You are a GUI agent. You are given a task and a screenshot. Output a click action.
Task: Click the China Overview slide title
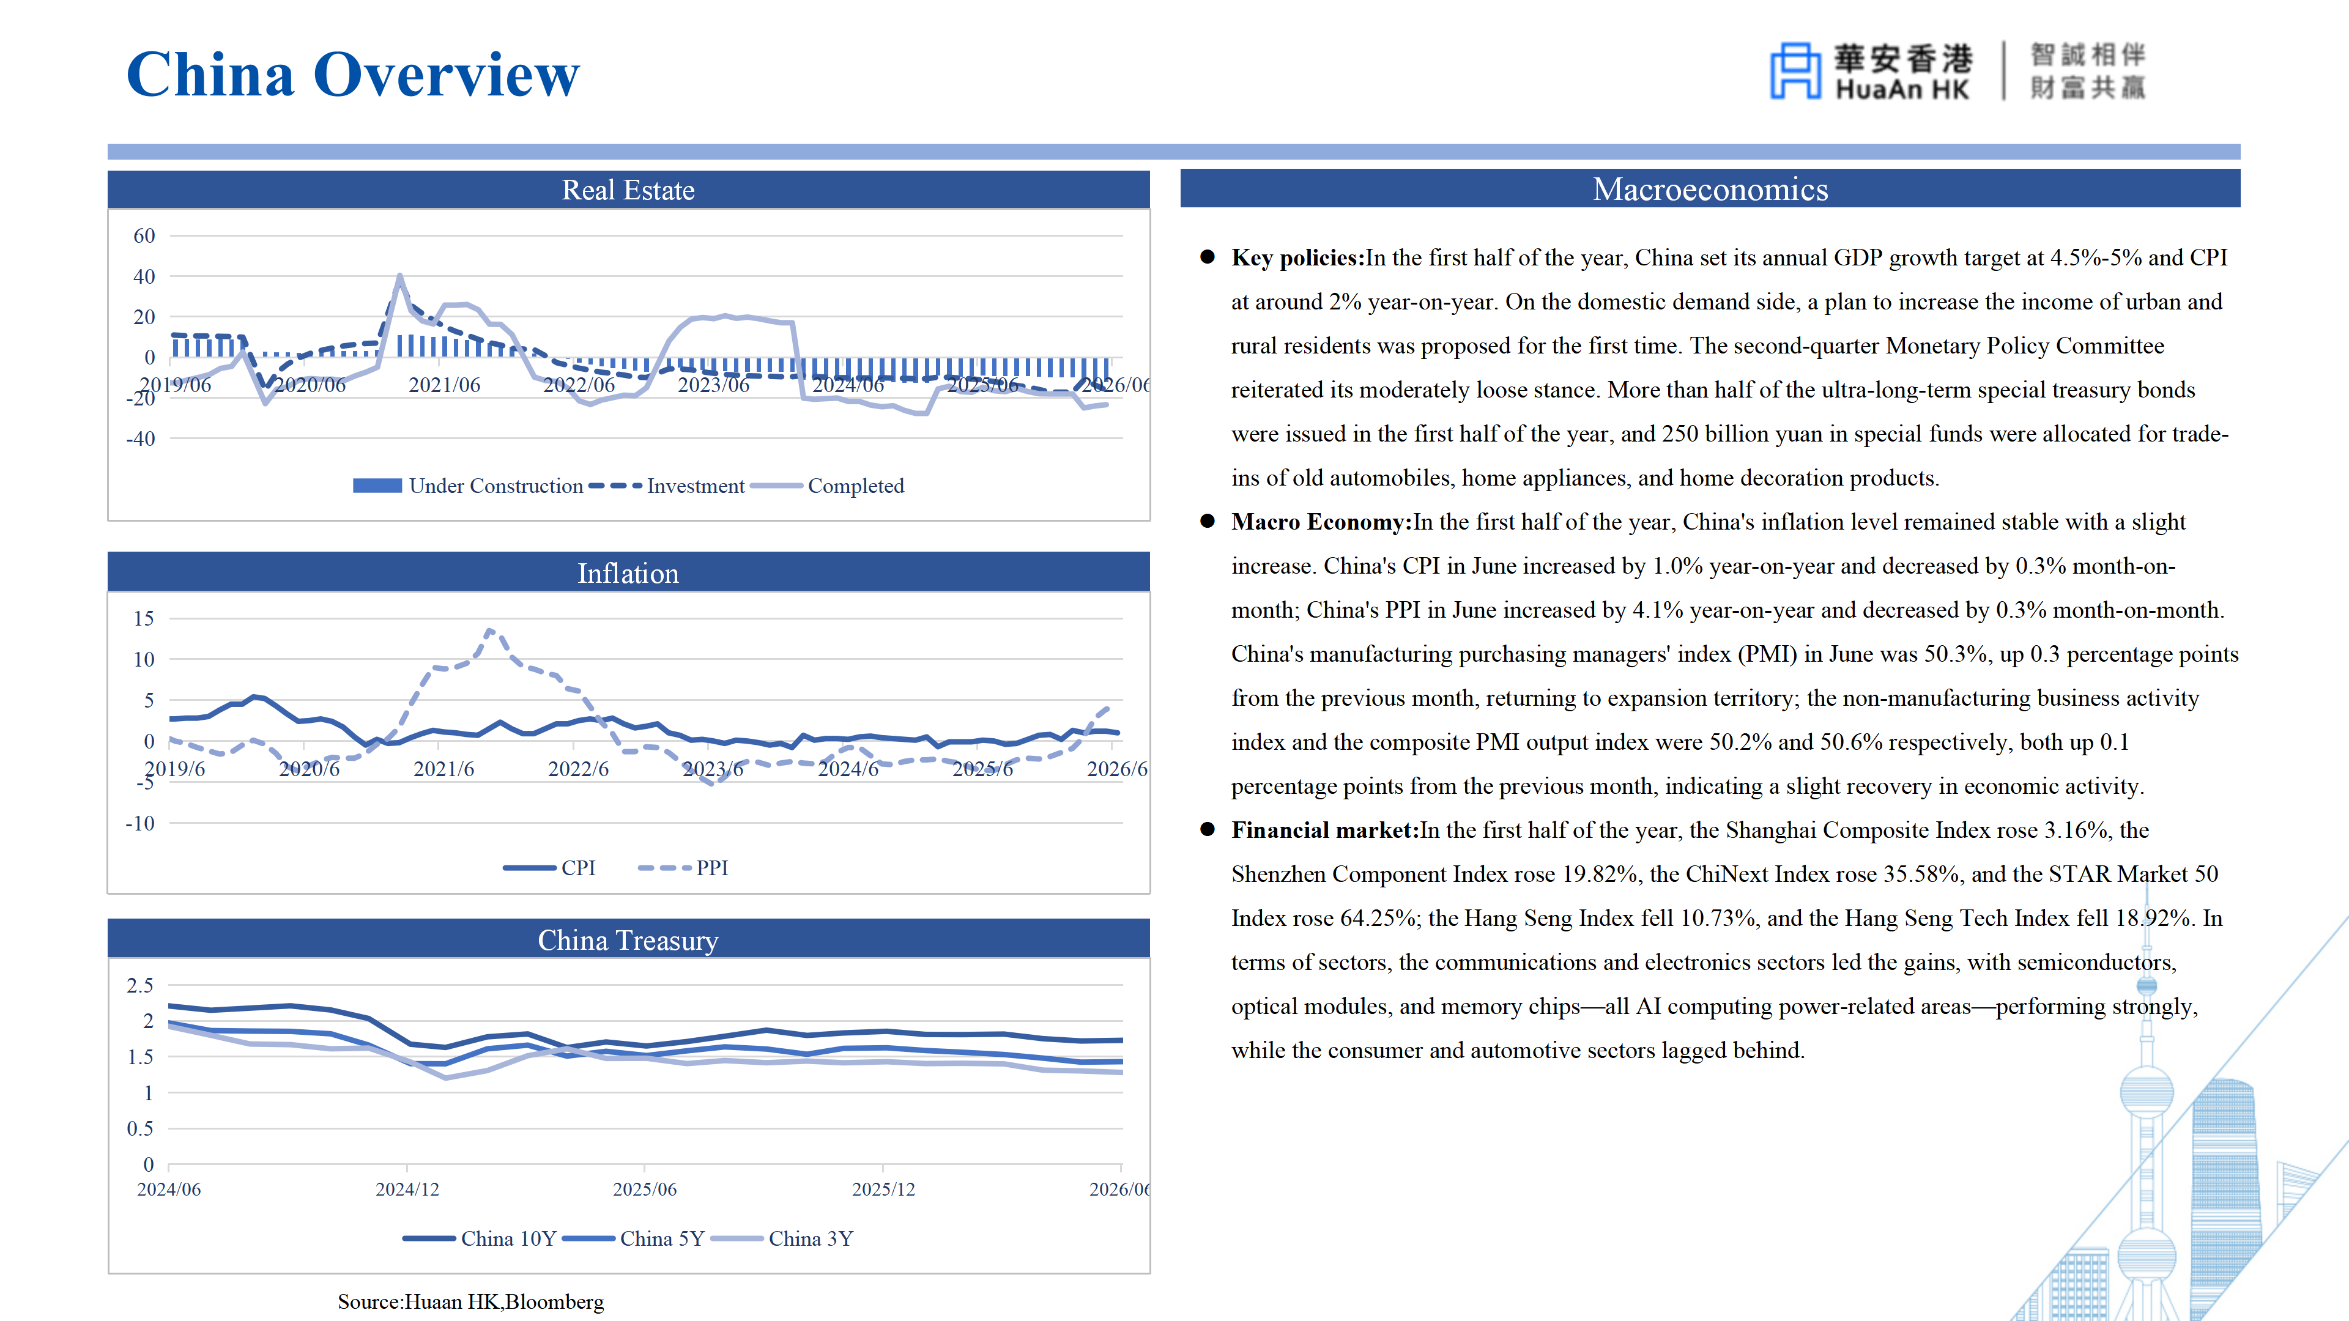pyautogui.click(x=353, y=74)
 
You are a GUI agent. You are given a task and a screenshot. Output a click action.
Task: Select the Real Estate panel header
pyautogui.click(x=628, y=190)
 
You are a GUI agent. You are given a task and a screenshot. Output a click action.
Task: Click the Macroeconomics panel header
pyautogui.click(x=1710, y=189)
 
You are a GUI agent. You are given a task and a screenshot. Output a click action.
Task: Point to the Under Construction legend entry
pyautogui.click(x=468, y=486)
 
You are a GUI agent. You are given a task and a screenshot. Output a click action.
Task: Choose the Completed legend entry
pyautogui.click(x=827, y=486)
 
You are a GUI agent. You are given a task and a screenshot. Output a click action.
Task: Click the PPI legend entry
pyautogui.click(x=683, y=868)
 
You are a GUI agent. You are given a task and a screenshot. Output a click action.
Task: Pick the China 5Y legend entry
pyautogui.click(x=634, y=1238)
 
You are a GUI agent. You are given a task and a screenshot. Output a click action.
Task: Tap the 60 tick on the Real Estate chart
pyautogui.click(x=144, y=236)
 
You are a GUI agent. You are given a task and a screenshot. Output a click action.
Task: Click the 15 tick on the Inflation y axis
pyautogui.click(x=144, y=618)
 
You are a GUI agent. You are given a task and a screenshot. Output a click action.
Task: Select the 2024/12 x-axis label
pyautogui.click(x=407, y=1189)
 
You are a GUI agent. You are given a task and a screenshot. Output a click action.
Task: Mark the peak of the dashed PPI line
pyautogui.click(x=489, y=630)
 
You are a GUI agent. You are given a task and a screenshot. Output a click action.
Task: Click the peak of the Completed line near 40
pyautogui.click(x=399, y=275)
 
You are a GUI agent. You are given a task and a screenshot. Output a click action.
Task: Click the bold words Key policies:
pyautogui.click(x=1297, y=258)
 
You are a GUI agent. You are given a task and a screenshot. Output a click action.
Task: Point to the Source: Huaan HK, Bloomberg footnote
pyautogui.click(x=470, y=1302)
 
